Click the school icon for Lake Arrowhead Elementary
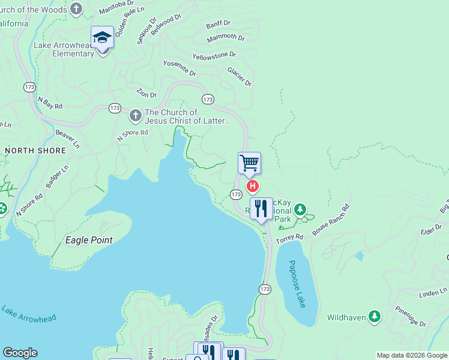pos(103,38)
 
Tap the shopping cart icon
pos(249,163)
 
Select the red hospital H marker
pos(253,187)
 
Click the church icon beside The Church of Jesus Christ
pos(136,114)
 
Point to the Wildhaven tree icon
pos(375,316)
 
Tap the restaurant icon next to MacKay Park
pos(261,209)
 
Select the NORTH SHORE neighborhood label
pos(35,151)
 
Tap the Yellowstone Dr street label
pos(214,56)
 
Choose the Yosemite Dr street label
pos(179,68)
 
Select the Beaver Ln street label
pos(67,139)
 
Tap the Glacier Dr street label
pos(240,76)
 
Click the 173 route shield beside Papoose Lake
pos(265,289)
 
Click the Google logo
pos(20,353)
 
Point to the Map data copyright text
pos(412,355)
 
